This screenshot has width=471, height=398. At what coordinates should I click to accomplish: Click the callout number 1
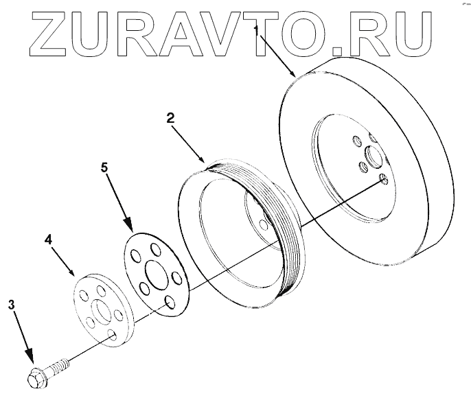pyautogui.click(x=257, y=30)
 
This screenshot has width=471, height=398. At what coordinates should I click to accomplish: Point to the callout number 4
pyautogui.click(x=48, y=240)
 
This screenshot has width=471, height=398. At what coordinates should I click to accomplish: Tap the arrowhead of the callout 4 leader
pyautogui.click(x=74, y=274)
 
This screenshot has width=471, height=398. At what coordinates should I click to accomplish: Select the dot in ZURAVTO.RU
pyautogui.click(x=334, y=49)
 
